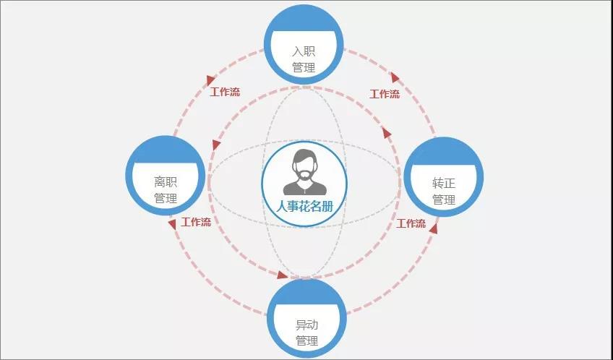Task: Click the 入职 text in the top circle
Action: click(304, 51)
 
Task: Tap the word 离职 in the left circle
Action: click(166, 181)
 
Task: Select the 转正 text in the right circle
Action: click(444, 184)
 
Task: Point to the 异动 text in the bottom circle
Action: click(307, 325)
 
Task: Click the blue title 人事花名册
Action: click(304, 206)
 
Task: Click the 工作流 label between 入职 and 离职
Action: click(225, 93)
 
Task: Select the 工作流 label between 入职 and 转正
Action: click(385, 94)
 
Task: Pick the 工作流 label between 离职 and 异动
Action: click(196, 223)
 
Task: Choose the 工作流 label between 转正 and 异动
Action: click(411, 223)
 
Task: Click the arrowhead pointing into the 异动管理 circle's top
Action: click(282, 275)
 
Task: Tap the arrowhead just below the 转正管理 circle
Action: click(433, 228)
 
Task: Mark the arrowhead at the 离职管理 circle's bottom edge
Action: click(172, 224)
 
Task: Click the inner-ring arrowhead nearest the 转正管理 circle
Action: click(387, 134)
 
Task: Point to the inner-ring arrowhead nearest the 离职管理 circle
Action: click(216, 145)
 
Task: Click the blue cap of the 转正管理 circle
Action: click(444, 152)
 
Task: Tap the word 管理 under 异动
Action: click(307, 341)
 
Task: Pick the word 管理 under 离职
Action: click(166, 198)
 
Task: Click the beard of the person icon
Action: click(304, 173)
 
